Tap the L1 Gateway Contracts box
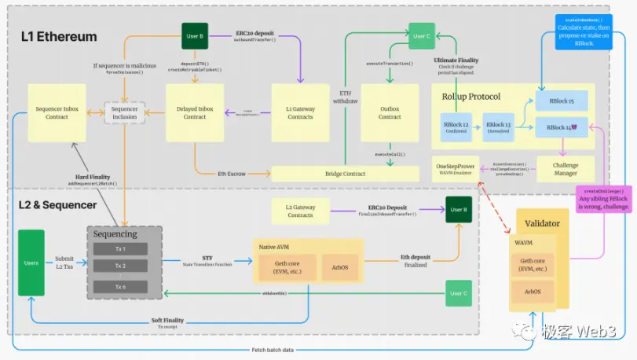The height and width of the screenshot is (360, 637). point(300,112)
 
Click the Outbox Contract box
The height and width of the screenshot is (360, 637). point(390,112)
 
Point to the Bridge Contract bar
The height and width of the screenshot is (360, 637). point(346,173)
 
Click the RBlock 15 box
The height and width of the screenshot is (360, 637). point(561,101)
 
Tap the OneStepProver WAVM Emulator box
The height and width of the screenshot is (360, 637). point(455,168)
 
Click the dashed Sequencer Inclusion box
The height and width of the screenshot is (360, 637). point(123,112)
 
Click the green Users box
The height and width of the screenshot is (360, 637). point(31,263)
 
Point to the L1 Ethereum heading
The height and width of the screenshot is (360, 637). point(59,37)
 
